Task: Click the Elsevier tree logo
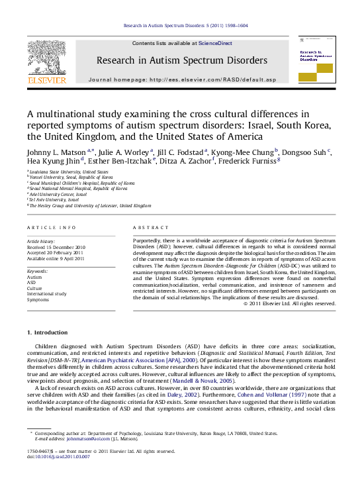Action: click(46, 58)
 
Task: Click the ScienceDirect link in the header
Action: click(215, 43)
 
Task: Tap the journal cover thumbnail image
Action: click(316, 60)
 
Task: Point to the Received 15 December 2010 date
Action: click(56, 248)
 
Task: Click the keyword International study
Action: click(47, 293)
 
